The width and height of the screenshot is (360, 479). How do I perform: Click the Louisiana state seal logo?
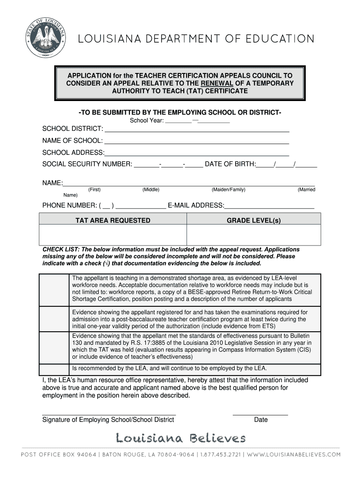click(x=45, y=38)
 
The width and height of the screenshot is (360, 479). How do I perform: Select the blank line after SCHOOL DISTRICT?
click(x=196, y=131)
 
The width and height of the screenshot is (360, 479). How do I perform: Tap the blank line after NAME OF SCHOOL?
click(x=196, y=143)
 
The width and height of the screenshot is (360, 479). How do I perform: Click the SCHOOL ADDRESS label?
click(x=73, y=152)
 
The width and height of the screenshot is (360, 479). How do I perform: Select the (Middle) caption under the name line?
click(x=151, y=189)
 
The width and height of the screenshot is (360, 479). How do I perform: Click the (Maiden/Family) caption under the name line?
click(x=228, y=189)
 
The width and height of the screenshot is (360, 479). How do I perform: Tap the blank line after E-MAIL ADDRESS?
click(x=269, y=207)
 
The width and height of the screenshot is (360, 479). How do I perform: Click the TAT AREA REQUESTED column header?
click(x=113, y=220)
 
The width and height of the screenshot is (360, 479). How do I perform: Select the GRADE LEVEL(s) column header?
click(x=254, y=220)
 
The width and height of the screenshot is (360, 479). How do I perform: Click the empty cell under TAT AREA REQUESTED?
click(x=113, y=235)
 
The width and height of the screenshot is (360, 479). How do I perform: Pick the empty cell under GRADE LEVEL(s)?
click(x=254, y=235)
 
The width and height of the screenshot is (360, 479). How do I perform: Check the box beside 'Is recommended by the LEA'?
click(x=54, y=368)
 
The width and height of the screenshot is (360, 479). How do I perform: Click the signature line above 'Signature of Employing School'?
click(x=109, y=414)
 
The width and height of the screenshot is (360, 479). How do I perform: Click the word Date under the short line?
click(x=261, y=420)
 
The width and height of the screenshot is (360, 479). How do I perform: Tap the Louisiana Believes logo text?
click(x=180, y=438)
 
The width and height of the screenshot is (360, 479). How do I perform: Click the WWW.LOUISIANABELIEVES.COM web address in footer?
click(x=294, y=454)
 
